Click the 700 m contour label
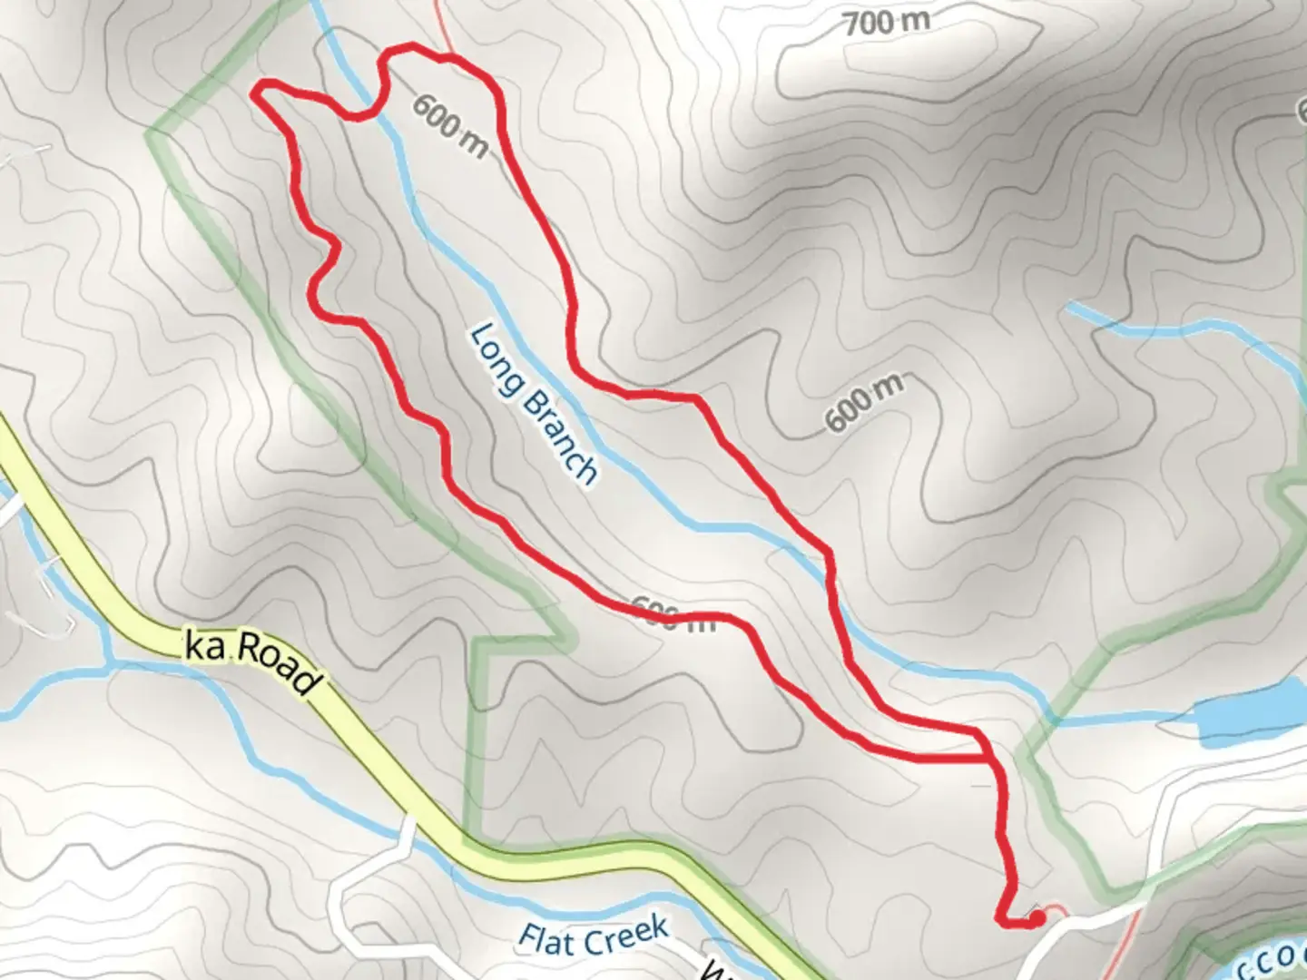[x=886, y=22]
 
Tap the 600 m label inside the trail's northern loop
[x=450, y=124]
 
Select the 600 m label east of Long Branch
[x=863, y=402]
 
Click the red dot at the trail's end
[x=1036, y=919]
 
